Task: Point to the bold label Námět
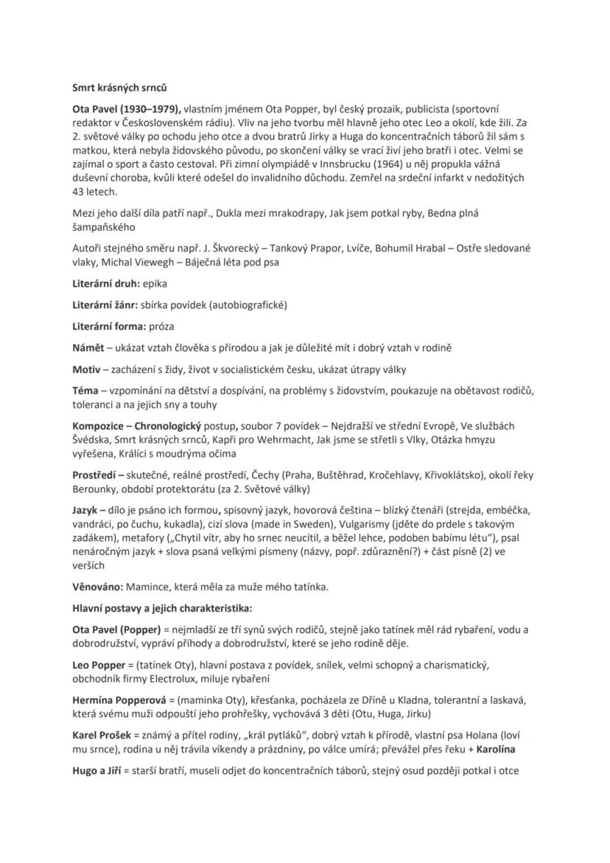tap(88, 346)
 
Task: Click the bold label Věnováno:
tap(97, 587)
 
